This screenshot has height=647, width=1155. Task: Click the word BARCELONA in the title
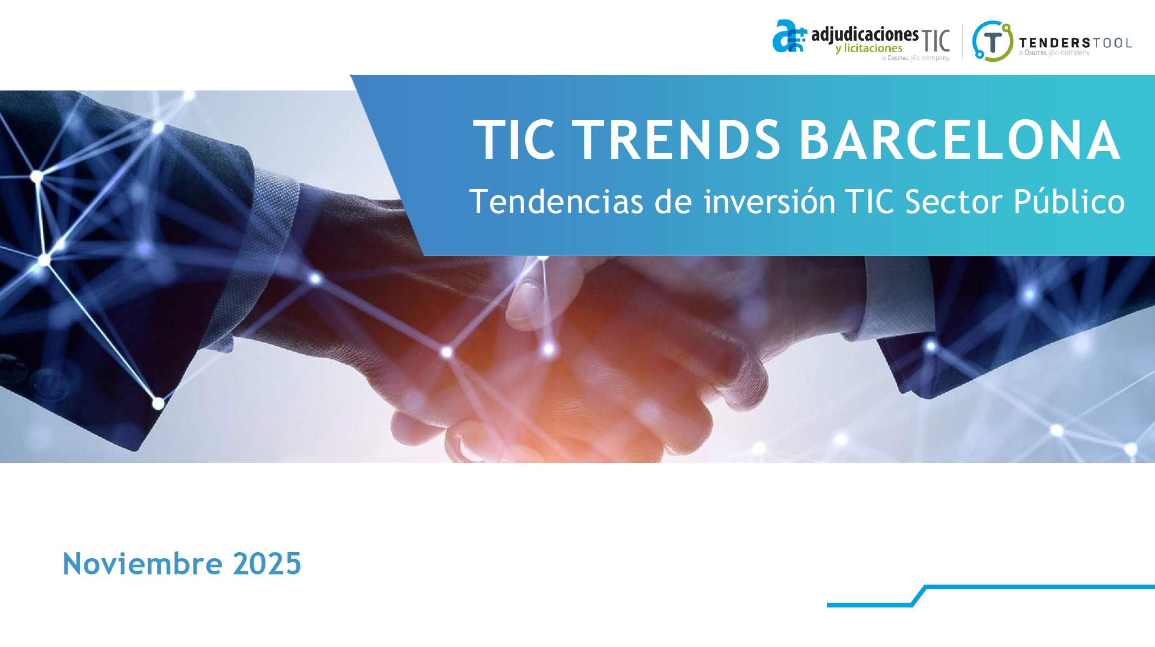pyautogui.click(x=960, y=140)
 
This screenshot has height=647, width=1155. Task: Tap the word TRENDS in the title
pyautogui.click(x=676, y=140)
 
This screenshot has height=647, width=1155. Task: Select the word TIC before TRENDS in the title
pyautogui.click(x=514, y=140)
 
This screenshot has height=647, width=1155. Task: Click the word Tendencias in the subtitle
pyautogui.click(x=556, y=202)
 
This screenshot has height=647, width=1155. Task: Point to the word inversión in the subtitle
pyautogui.click(x=769, y=202)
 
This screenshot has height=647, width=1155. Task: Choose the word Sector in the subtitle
pyautogui.click(x=954, y=202)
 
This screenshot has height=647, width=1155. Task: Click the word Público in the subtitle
pyautogui.click(x=1069, y=202)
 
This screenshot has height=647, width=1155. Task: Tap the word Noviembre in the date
pyautogui.click(x=142, y=564)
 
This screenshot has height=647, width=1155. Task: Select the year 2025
pyautogui.click(x=267, y=564)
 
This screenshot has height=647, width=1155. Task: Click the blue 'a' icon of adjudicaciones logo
pyautogui.click(x=789, y=36)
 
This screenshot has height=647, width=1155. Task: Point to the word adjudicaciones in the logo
pyautogui.click(x=865, y=35)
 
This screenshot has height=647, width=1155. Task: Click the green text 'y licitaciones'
pyautogui.click(x=869, y=49)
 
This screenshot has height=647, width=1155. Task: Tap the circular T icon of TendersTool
pyautogui.click(x=993, y=41)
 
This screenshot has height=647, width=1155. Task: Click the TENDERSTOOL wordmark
pyautogui.click(x=1075, y=43)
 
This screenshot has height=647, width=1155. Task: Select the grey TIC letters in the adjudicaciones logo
pyautogui.click(x=936, y=41)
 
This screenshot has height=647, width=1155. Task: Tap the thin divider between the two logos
pyautogui.click(x=962, y=41)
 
